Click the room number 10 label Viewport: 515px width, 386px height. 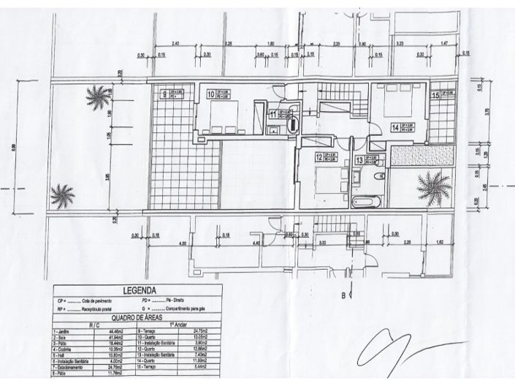210,94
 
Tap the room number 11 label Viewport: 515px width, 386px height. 272,114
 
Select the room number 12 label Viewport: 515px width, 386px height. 319,156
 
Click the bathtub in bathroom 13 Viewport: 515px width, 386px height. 364,202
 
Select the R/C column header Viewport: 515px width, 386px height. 94,325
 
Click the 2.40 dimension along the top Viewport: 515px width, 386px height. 175,45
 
